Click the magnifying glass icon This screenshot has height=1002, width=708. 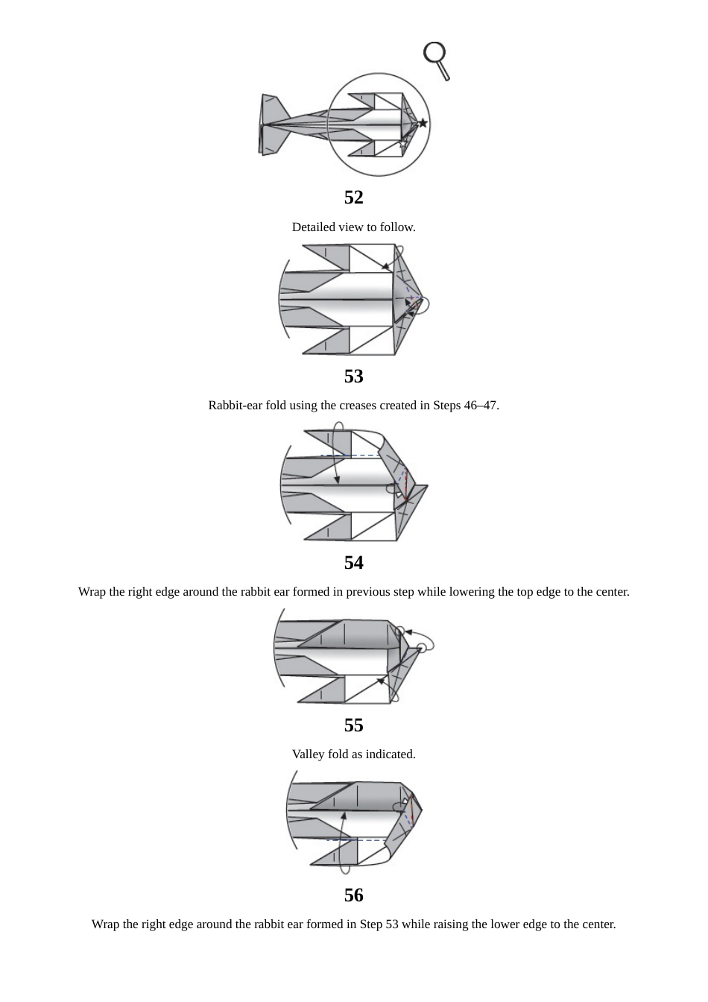tap(436, 58)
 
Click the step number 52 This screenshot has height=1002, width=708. tap(353, 197)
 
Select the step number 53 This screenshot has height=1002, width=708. tap(353, 376)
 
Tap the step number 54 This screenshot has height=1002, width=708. tap(353, 562)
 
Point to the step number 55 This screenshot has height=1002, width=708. tap(353, 725)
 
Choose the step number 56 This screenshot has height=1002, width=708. tap(353, 895)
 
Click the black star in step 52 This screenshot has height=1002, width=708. tap(423, 122)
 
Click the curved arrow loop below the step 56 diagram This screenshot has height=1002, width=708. tap(344, 865)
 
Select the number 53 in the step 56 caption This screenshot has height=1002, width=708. tap(391, 924)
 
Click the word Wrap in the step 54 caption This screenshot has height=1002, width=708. tap(92, 592)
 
